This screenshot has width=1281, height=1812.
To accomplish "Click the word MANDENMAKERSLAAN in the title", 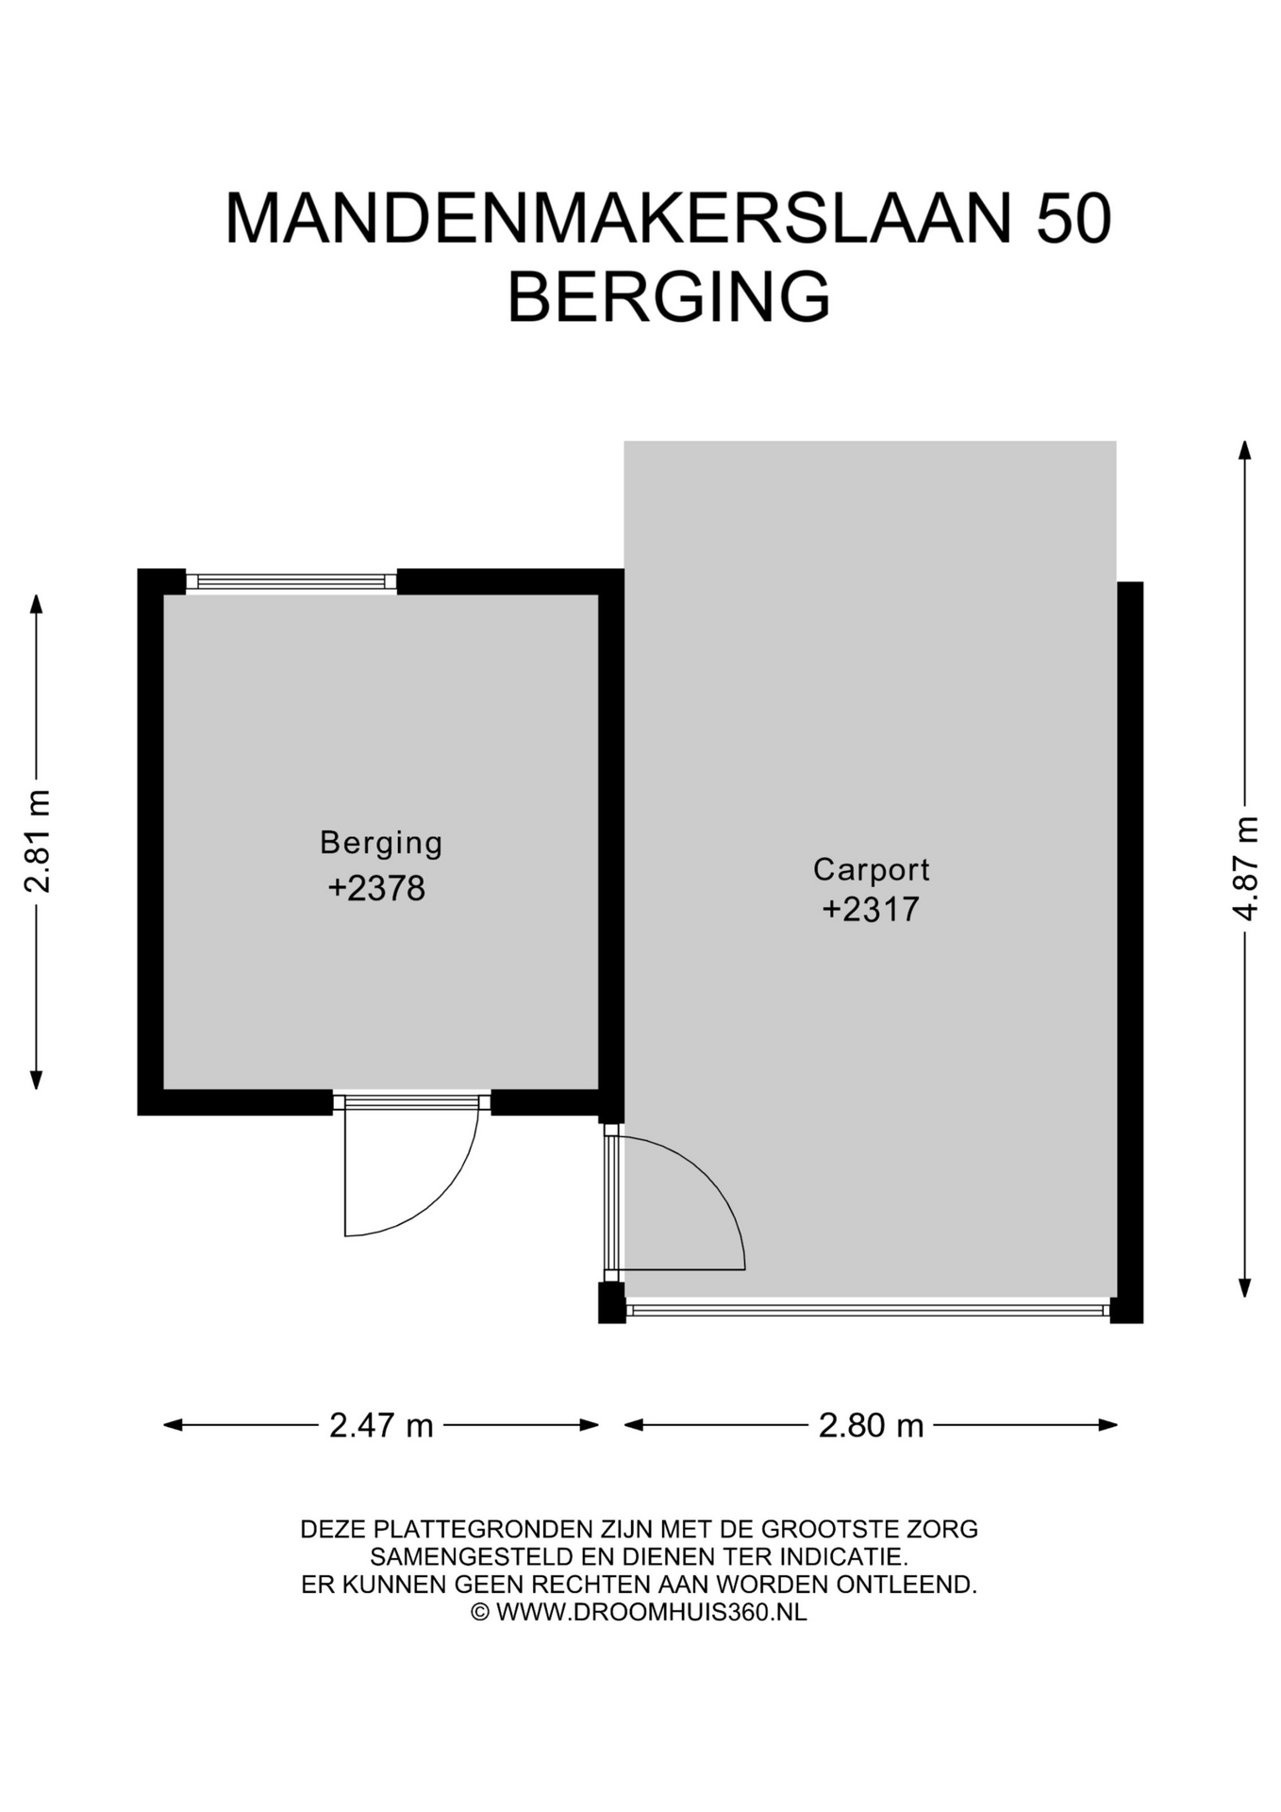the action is (x=618, y=219).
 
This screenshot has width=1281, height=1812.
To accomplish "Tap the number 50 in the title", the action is (x=1073, y=219).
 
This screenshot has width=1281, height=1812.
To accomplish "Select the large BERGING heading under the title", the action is (x=669, y=296).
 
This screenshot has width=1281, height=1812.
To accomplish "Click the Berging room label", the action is (x=381, y=843).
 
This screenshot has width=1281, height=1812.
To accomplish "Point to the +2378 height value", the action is (x=376, y=888).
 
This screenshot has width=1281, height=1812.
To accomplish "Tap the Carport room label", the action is (x=872, y=870).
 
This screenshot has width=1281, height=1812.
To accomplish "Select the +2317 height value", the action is (x=871, y=910).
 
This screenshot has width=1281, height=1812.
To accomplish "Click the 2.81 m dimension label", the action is (x=38, y=841).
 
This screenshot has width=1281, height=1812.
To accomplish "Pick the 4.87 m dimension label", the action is (x=1245, y=868).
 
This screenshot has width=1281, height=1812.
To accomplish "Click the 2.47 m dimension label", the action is (x=381, y=1425).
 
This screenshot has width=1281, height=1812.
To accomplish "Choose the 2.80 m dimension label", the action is (x=871, y=1425).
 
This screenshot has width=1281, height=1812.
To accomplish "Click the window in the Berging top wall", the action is (x=291, y=581).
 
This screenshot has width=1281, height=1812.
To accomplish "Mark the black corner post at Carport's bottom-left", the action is (x=611, y=1302).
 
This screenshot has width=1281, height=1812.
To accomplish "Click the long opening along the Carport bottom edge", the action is (x=868, y=1309).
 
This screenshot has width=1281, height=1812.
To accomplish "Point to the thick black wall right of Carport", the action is (x=1130, y=952).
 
